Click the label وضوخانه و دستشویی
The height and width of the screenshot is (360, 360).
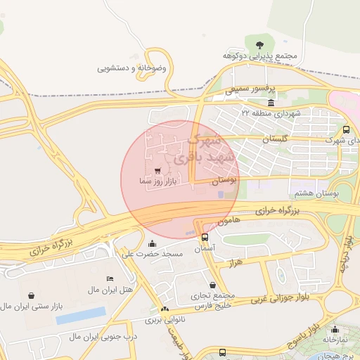(x=131, y=69)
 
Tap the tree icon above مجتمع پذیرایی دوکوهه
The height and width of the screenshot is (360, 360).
(x=260, y=44)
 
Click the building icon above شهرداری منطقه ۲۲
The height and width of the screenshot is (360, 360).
(x=251, y=103)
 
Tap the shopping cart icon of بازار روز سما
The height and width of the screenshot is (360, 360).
(x=158, y=171)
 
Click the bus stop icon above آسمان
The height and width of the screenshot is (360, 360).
(x=205, y=238)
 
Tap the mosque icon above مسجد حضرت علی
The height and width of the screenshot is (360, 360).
(x=152, y=243)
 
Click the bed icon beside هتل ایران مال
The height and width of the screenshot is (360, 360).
(x=109, y=279)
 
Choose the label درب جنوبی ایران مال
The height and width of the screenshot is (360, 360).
(x=105, y=337)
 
